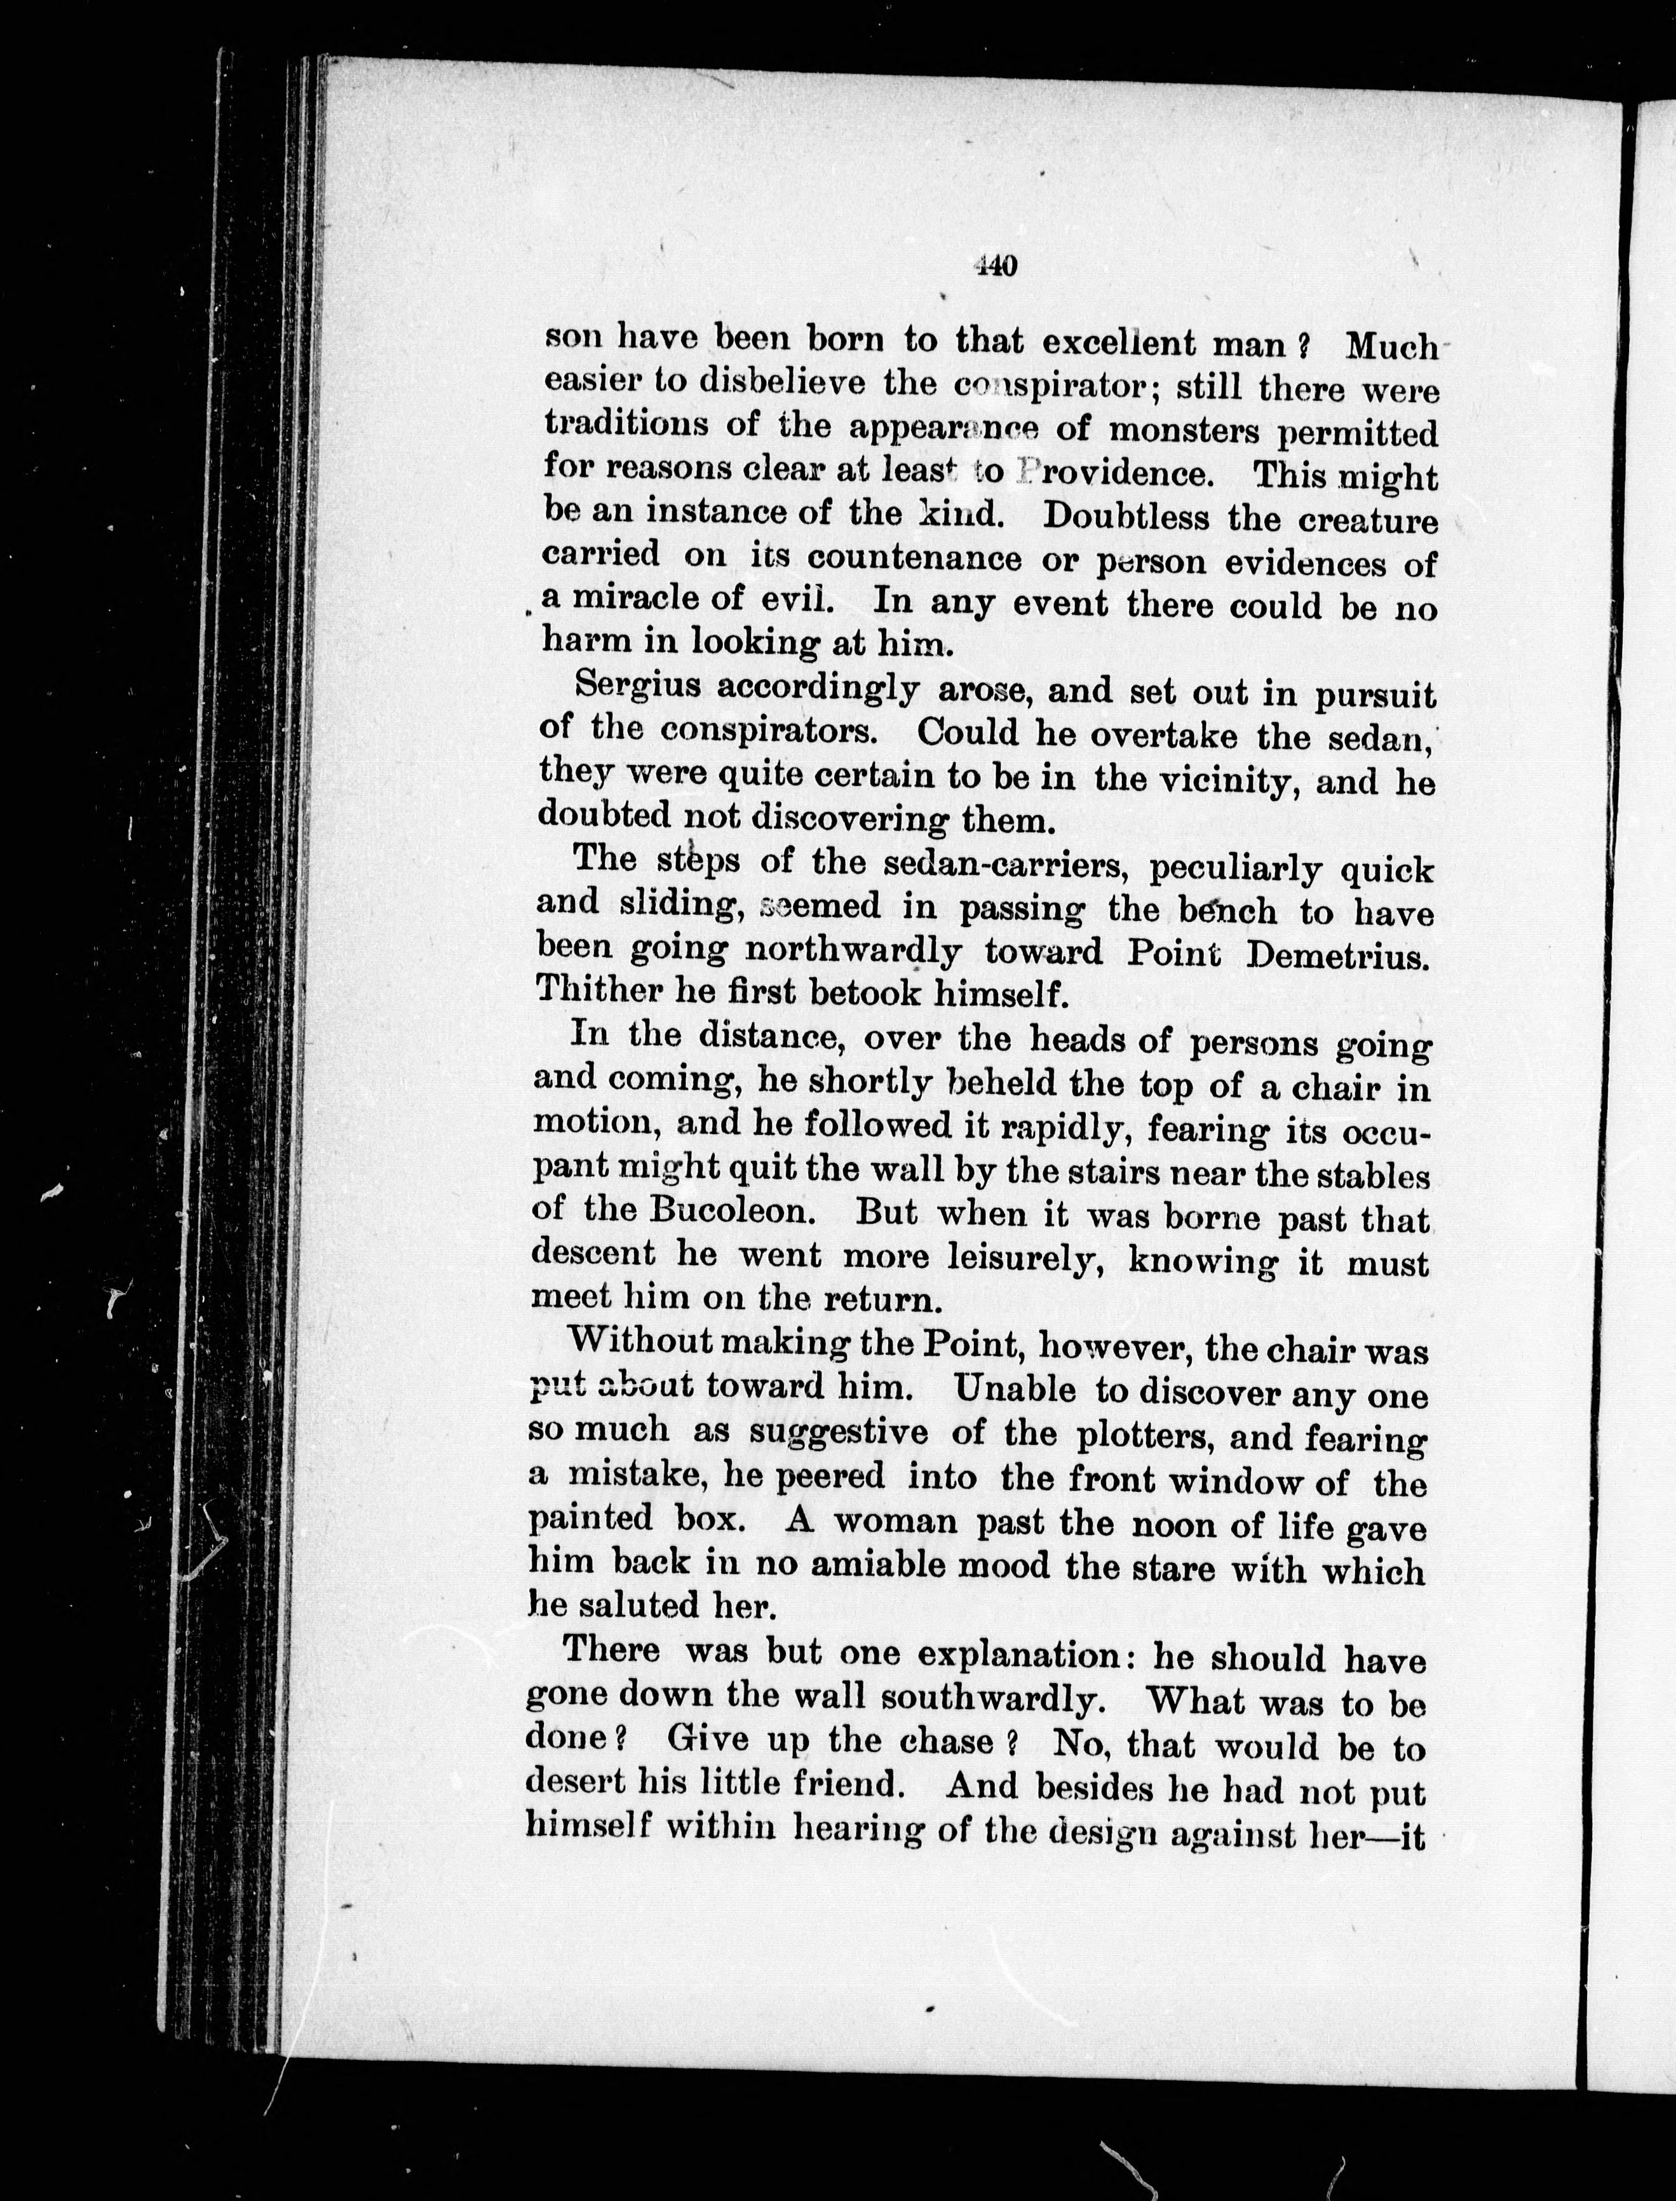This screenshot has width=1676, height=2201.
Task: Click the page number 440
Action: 996,266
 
